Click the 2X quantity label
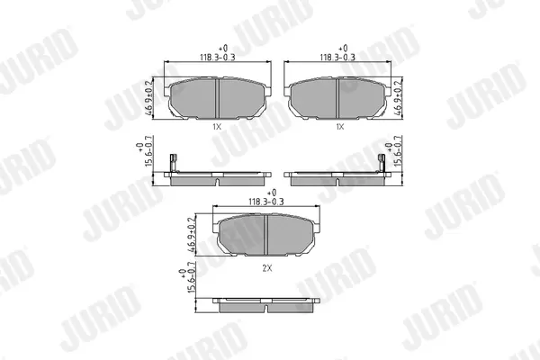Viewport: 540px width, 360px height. (x=267, y=268)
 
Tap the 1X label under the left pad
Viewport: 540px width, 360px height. (x=216, y=127)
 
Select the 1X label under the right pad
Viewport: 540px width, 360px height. (x=340, y=127)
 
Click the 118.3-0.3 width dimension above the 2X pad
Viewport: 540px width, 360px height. (x=266, y=202)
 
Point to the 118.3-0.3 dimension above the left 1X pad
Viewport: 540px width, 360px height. (x=218, y=58)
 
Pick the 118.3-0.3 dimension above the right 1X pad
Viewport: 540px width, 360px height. (x=337, y=58)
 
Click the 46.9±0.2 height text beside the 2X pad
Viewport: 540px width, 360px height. (x=193, y=235)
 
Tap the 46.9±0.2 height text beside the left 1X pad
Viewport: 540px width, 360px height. (x=148, y=98)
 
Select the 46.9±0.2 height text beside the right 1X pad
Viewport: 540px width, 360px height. (x=398, y=98)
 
